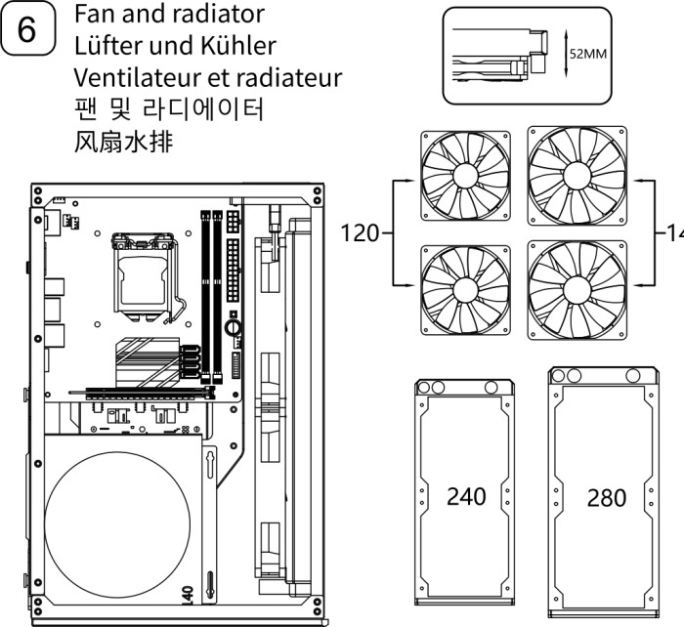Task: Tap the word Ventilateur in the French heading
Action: (129, 77)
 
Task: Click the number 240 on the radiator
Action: (466, 496)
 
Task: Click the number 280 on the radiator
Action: (607, 498)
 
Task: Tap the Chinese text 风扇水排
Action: (123, 141)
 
